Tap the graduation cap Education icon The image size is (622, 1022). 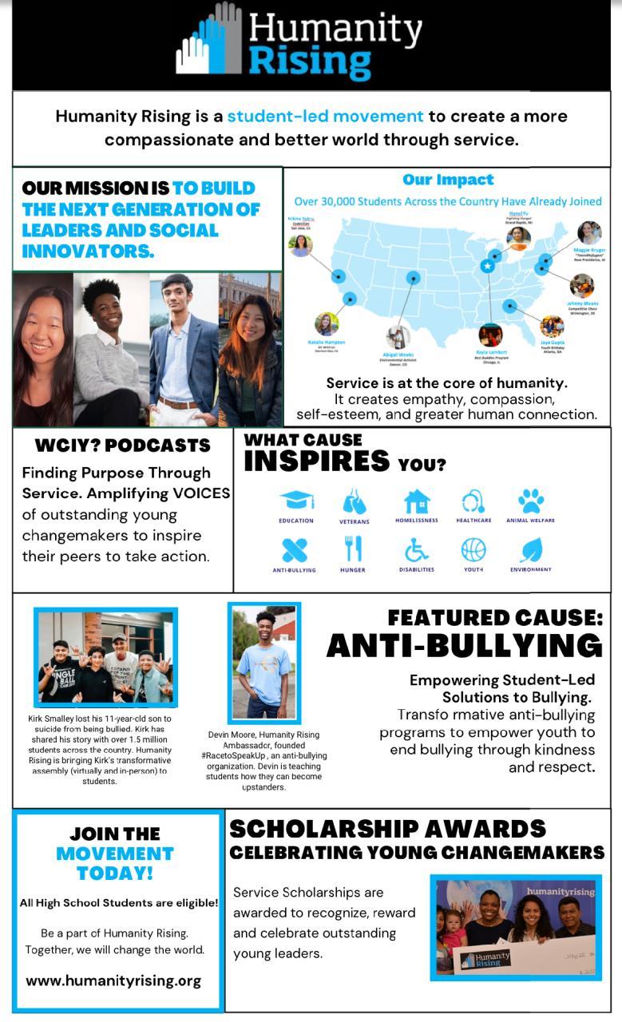[x=296, y=501]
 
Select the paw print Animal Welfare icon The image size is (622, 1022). [x=530, y=501]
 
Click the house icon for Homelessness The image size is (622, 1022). [x=416, y=501]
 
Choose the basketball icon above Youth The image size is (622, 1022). [x=473, y=549]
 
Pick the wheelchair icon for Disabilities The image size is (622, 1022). [x=416, y=549]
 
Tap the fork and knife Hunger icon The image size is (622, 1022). [x=353, y=549]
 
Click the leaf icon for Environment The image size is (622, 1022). [x=531, y=549]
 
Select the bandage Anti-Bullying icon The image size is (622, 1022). [x=295, y=549]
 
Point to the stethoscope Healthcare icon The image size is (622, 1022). [x=473, y=501]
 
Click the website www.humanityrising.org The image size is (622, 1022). [x=113, y=980]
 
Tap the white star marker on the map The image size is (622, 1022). [x=487, y=267]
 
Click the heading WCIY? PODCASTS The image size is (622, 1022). [x=123, y=446]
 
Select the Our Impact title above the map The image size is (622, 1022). [x=448, y=180]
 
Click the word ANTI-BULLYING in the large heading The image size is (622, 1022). [x=464, y=646]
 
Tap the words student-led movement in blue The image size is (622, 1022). [x=325, y=116]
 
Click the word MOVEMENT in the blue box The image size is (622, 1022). [x=114, y=854]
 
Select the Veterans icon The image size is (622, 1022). [x=354, y=502]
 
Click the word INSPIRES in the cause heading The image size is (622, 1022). [x=316, y=461]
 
